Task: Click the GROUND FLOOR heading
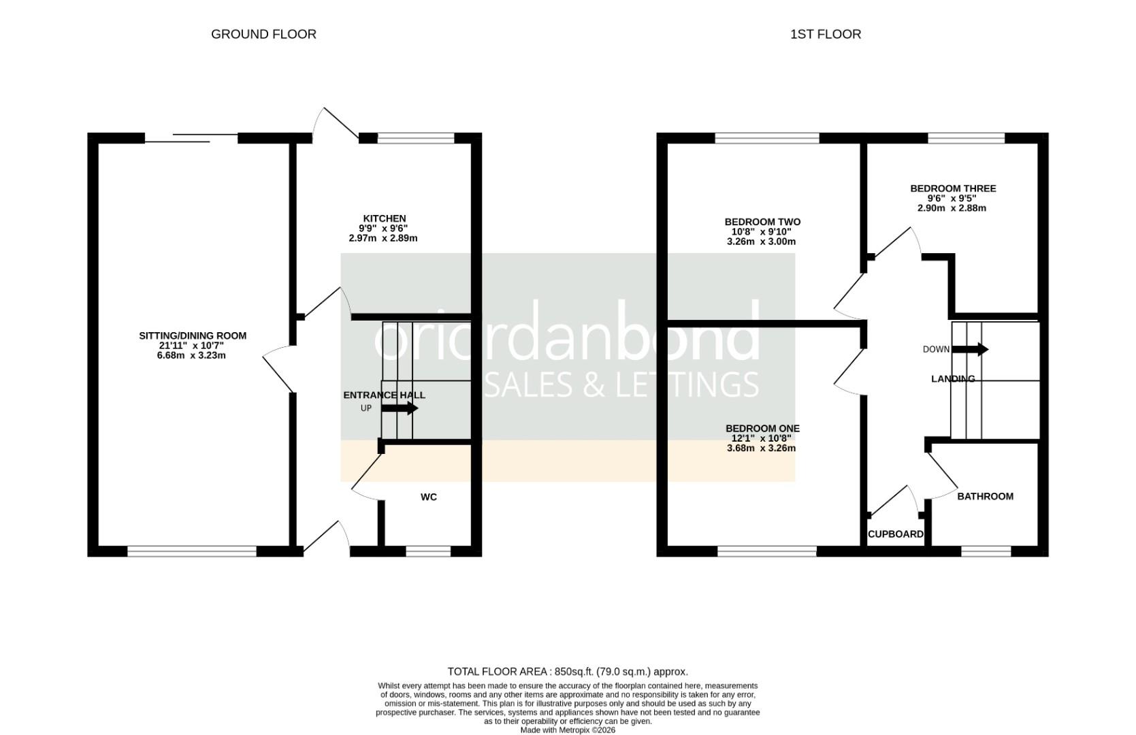point(263,34)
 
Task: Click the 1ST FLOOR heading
point(825,34)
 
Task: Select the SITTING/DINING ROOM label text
point(193,336)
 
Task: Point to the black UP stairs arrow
point(400,408)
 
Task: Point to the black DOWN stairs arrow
point(970,349)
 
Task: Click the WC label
point(428,497)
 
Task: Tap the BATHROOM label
point(985,496)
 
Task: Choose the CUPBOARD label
point(895,534)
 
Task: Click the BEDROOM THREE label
point(953,189)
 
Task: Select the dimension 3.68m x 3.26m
point(761,448)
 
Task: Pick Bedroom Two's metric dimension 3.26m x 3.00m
point(761,242)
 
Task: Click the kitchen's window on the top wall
point(415,138)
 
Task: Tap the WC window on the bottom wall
point(427,551)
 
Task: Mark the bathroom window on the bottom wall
point(986,551)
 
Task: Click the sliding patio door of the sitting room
point(191,138)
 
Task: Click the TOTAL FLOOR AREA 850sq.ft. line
point(568,671)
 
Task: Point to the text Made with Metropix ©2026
point(568,730)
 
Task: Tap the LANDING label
point(952,379)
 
